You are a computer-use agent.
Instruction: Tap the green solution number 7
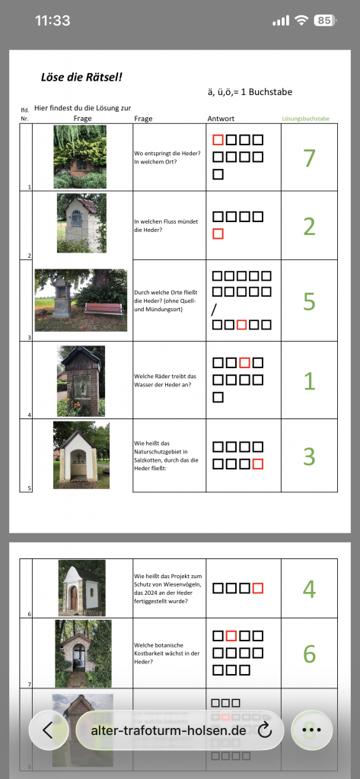[x=309, y=157]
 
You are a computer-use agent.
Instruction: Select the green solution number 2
[x=309, y=226]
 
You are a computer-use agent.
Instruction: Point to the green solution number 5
[x=309, y=300]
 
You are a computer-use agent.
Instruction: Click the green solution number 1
[x=309, y=381]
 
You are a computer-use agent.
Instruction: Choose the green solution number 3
[x=309, y=456]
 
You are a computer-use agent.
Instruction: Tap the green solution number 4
[x=309, y=589]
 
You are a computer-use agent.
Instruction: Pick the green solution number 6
[x=309, y=654]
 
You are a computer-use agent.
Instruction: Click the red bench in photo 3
[x=104, y=309]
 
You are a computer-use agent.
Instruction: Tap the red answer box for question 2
[x=218, y=234]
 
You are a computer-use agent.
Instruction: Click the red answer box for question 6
[x=257, y=588]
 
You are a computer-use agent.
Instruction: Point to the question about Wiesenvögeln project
[x=167, y=589]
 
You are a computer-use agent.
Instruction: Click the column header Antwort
[x=221, y=119]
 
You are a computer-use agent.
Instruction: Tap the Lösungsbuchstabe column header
[x=305, y=119]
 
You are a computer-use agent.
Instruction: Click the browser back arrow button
[x=48, y=730]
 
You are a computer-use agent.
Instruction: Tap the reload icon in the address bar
[x=265, y=730]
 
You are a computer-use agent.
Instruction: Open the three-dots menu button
[x=311, y=730]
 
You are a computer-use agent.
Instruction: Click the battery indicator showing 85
[x=325, y=21]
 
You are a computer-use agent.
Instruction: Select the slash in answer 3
[x=215, y=310]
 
